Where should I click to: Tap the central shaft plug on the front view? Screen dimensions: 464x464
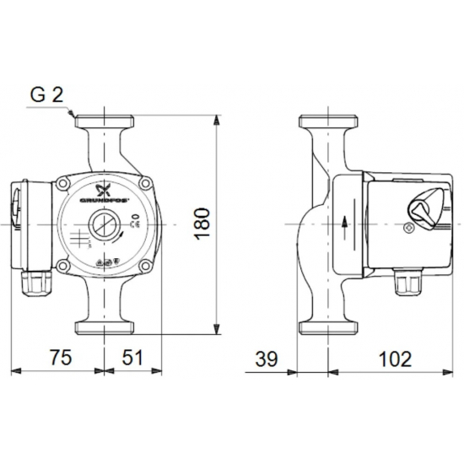point(103,227)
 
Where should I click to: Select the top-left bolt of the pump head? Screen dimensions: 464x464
point(64,183)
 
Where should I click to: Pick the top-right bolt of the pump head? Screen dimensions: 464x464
point(143,183)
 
